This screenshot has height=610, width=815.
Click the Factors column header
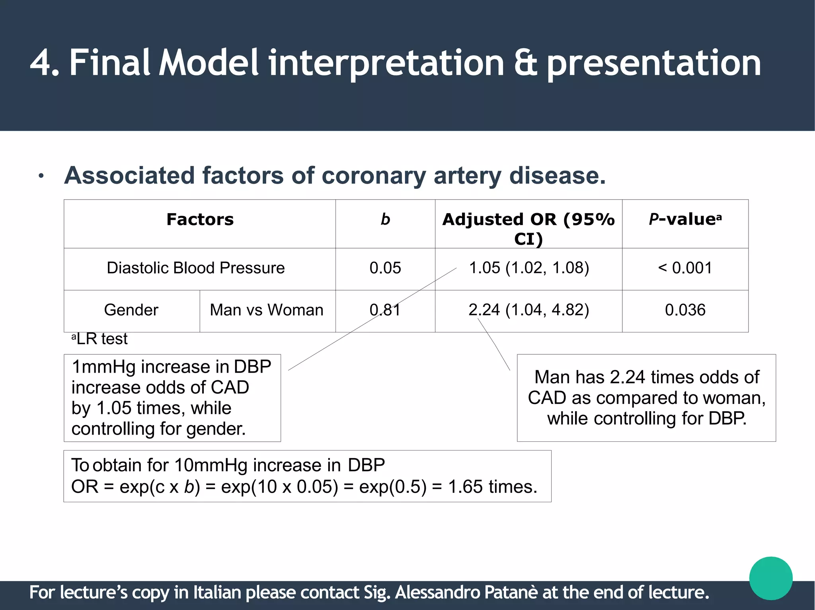coord(200,220)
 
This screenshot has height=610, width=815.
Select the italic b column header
coord(385,220)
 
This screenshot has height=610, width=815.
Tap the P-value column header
coord(684,220)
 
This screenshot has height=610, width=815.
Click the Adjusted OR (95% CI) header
coord(528,229)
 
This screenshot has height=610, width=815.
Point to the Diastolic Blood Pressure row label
coord(195,268)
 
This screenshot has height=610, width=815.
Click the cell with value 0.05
coord(385,268)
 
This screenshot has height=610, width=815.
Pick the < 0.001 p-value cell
coord(685,268)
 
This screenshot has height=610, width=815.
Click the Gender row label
coord(131,310)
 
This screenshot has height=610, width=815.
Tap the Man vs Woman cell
coord(267,310)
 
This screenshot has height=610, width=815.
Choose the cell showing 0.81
coord(385,310)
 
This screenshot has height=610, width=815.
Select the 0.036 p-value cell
coord(685,310)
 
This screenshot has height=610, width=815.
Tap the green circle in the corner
coord(770,578)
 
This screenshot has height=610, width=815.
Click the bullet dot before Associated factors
coord(41,176)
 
